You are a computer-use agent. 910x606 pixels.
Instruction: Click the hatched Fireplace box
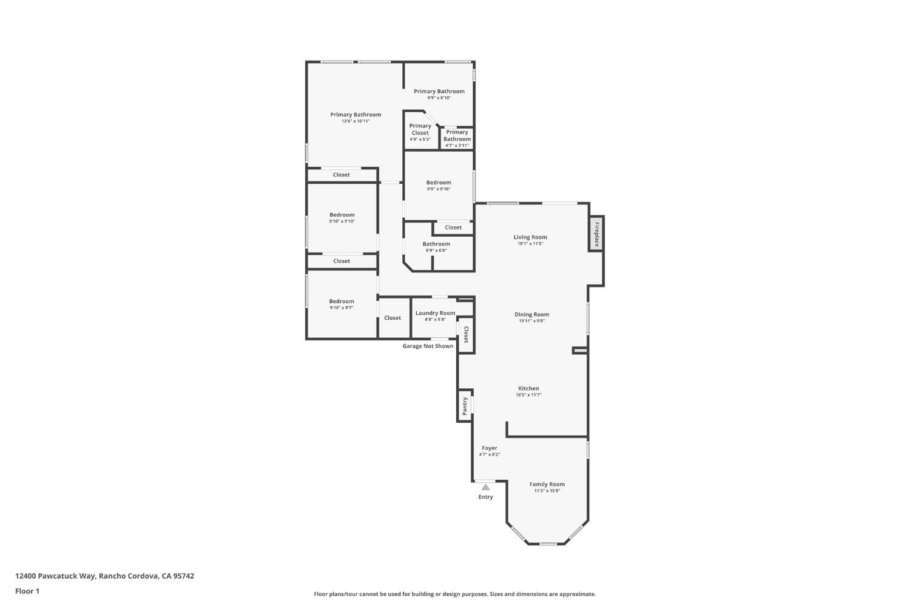click(x=596, y=233)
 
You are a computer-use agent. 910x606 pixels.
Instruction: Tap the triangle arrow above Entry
click(x=485, y=487)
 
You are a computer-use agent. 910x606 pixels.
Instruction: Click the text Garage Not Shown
click(x=428, y=346)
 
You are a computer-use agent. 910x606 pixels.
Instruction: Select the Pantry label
click(x=465, y=405)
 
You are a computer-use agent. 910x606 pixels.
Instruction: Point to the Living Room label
click(x=530, y=237)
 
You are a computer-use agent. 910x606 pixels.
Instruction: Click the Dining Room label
click(x=531, y=314)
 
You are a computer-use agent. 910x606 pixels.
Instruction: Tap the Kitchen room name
click(x=528, y=388)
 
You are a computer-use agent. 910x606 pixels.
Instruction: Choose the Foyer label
click(x=489, y=448)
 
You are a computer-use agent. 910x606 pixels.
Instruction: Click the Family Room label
click(x=547, y=484)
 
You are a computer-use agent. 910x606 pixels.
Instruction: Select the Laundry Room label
click(x=435, y=313)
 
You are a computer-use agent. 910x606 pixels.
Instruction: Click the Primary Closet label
click(x=420, y=129)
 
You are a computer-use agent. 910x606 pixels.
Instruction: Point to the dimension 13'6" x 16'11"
click(x=356, y=121)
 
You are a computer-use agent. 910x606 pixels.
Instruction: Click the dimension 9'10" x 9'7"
click(x=342, y=308)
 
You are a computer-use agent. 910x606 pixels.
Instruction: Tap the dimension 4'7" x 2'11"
click(x=457, y=146)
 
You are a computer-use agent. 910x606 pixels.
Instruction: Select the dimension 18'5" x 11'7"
click(x=528, y=395)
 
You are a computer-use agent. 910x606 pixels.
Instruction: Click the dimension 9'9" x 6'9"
click(x=436, y=251)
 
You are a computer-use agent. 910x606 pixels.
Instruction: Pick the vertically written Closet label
click(x=466, y=335)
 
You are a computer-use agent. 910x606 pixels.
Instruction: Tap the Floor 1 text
click(x=27, y=591)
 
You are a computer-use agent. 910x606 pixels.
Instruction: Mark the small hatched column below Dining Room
click(x=580, y=350)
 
